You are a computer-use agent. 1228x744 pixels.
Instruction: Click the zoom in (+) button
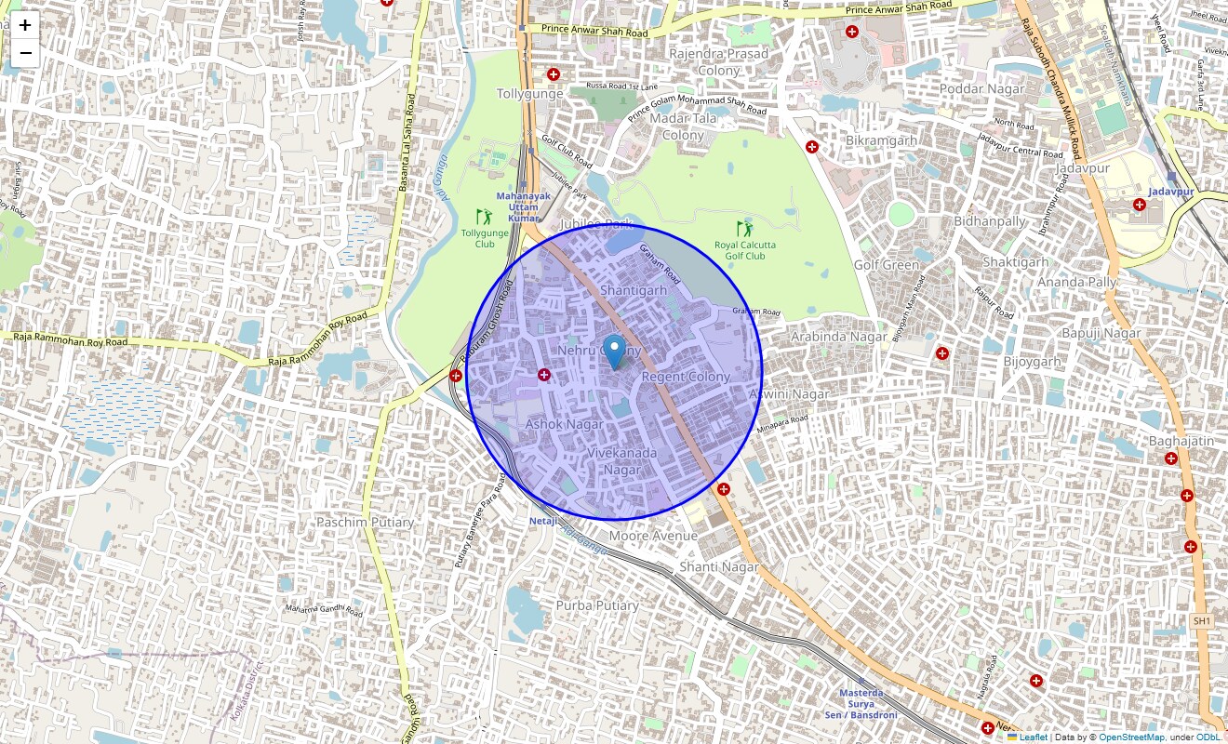(25, 25)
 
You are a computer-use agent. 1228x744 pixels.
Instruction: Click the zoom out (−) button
(25, 53)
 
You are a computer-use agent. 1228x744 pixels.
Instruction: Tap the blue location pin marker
(614, 353)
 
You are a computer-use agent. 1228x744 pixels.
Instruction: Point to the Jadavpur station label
(1170, 191)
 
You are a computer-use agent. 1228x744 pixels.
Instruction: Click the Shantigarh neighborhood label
(634, 290)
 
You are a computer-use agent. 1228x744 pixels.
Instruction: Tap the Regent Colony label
(686, 377)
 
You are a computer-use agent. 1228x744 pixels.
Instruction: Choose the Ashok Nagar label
(564, 424)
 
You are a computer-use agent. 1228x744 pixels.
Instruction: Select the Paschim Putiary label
(365, 523)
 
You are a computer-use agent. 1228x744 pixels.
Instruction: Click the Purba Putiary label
(597, 605)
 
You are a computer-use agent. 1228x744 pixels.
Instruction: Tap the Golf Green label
(887, 265)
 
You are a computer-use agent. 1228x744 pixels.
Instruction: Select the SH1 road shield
(1202, 620)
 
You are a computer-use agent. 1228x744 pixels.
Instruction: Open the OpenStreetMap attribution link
(1132, 737)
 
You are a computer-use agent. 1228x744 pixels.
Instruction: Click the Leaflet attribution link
(1033, 737)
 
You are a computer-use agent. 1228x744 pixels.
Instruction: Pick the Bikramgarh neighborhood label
(881, 140)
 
